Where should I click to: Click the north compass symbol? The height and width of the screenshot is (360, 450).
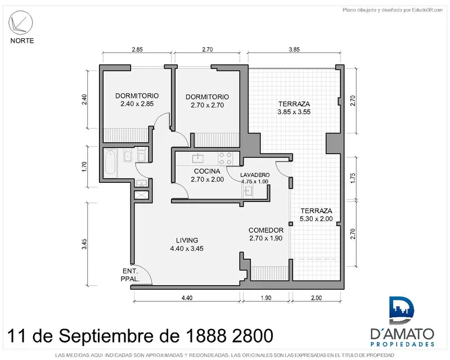pos(21,23)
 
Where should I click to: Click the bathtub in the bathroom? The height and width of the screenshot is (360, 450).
pos(110,163)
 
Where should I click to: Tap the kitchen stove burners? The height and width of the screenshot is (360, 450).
pos(226,159)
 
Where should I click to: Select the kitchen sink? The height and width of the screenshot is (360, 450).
pos(198,157)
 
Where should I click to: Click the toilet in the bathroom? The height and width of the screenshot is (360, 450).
pos(141,155)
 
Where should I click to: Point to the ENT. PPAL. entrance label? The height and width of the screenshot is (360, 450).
pos(130,274)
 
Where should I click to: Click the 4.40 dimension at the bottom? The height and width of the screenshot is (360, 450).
pos(187,298)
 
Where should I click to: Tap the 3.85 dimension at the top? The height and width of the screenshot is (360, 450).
pos(294,49)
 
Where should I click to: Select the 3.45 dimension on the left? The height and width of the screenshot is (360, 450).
pos(84,244)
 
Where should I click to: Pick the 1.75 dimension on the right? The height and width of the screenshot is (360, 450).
pos(353,178)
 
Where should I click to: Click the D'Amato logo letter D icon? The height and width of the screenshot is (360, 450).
pos(401,310)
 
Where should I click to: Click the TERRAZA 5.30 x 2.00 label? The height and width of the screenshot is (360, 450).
pos(316,214)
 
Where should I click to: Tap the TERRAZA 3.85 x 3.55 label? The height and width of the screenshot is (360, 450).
pos(294,107)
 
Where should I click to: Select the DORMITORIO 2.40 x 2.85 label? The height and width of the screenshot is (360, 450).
pos(137,100)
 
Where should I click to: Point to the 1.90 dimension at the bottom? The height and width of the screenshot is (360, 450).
pos(266,298)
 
